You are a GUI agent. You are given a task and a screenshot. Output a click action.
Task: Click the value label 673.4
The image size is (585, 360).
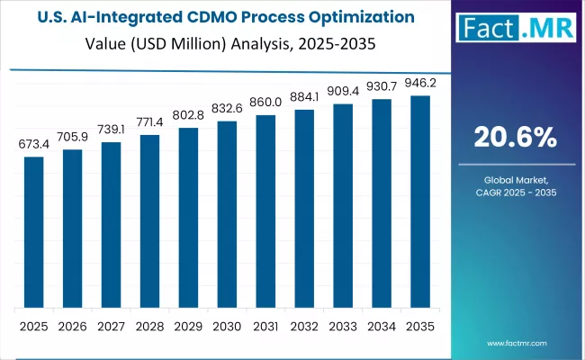click(x=33, y=144)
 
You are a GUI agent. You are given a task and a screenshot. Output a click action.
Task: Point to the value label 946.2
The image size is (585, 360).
click(x=420, y=83)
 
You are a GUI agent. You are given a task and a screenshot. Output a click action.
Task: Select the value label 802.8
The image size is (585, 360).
click(x=188, y=115)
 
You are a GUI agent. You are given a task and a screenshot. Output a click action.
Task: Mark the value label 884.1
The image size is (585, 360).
click(x=304, y=97)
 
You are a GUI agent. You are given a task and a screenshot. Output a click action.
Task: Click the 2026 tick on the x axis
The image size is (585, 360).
click(x=72, y=326)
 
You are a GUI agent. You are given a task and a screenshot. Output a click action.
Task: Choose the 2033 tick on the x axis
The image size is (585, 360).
click(x=343, y=326)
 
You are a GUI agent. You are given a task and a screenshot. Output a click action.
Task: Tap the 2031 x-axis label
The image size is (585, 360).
click(x=265, y=326)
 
